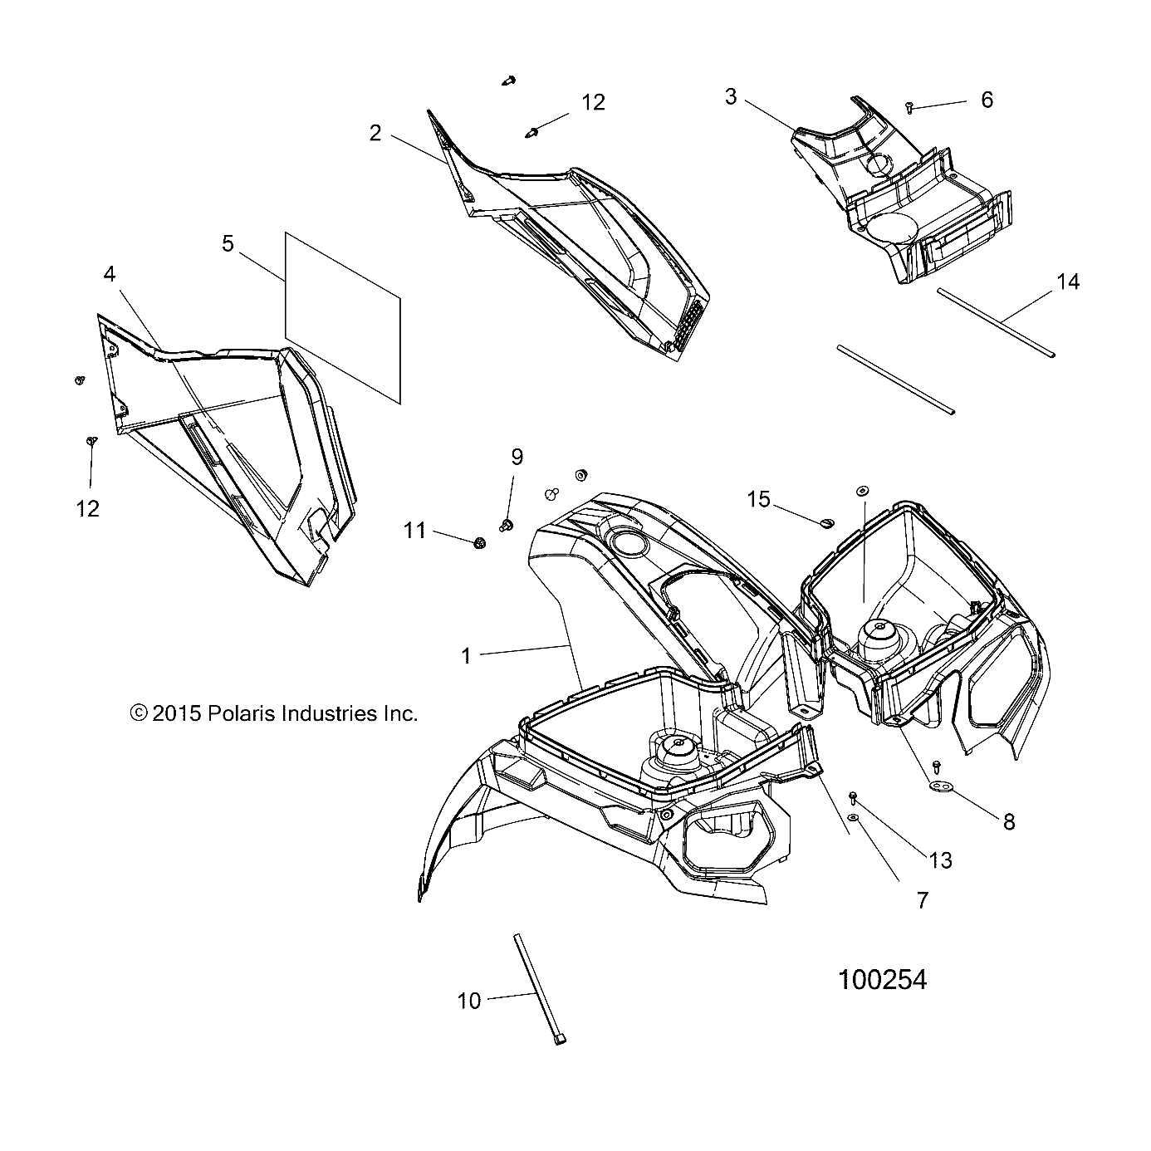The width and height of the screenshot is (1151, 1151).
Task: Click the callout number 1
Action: coord(466,656)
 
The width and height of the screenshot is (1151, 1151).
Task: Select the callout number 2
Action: coord(375,133)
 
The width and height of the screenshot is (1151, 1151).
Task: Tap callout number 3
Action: coord(730,97)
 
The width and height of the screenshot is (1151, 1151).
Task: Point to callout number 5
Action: coord(228,243)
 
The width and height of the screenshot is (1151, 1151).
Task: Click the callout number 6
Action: coord(987,100)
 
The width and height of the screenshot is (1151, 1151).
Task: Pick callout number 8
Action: coord(1009,822)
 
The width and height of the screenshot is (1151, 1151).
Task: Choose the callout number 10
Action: coord(469,1002)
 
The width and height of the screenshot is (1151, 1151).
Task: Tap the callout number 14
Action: coord(1068,282)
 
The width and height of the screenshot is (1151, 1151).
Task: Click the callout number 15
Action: coord(758,499)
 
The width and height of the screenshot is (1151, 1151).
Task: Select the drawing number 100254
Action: coord(882,980)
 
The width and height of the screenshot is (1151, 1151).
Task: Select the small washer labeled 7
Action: coord(855,818)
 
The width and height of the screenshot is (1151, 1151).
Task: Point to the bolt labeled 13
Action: coord(854,797)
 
